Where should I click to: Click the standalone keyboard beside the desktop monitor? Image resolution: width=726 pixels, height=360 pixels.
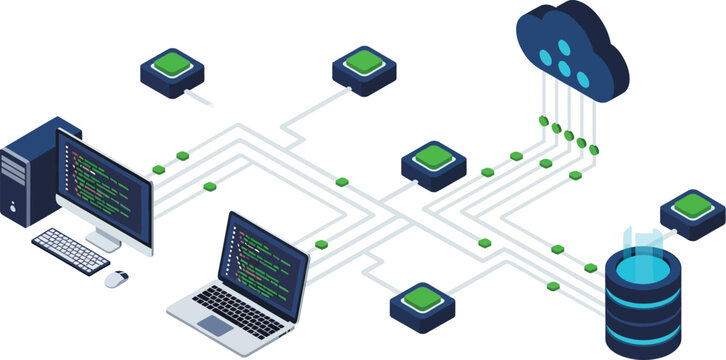(x=70, y=250)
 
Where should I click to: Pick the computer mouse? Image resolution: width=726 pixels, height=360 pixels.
(x=117, y=278)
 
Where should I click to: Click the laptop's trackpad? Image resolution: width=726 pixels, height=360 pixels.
(x=214, y=325)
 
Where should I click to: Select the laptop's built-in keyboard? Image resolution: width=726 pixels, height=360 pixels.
(x=232, y=305)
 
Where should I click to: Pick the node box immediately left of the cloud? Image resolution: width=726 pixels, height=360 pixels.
(x=364, y=65)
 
